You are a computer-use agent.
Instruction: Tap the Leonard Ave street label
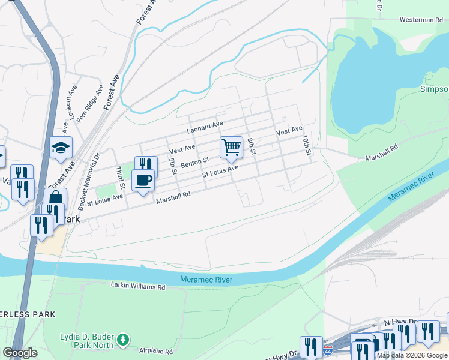(205, 127)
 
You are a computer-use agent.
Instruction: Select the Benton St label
(194, 162)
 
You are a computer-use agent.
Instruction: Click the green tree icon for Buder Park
(123, 340)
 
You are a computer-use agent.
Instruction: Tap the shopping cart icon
(231, 147)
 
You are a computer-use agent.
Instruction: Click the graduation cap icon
(61, 148)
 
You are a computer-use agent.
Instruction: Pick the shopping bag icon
(55, 200)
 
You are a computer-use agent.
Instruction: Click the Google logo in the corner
(20, 353)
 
